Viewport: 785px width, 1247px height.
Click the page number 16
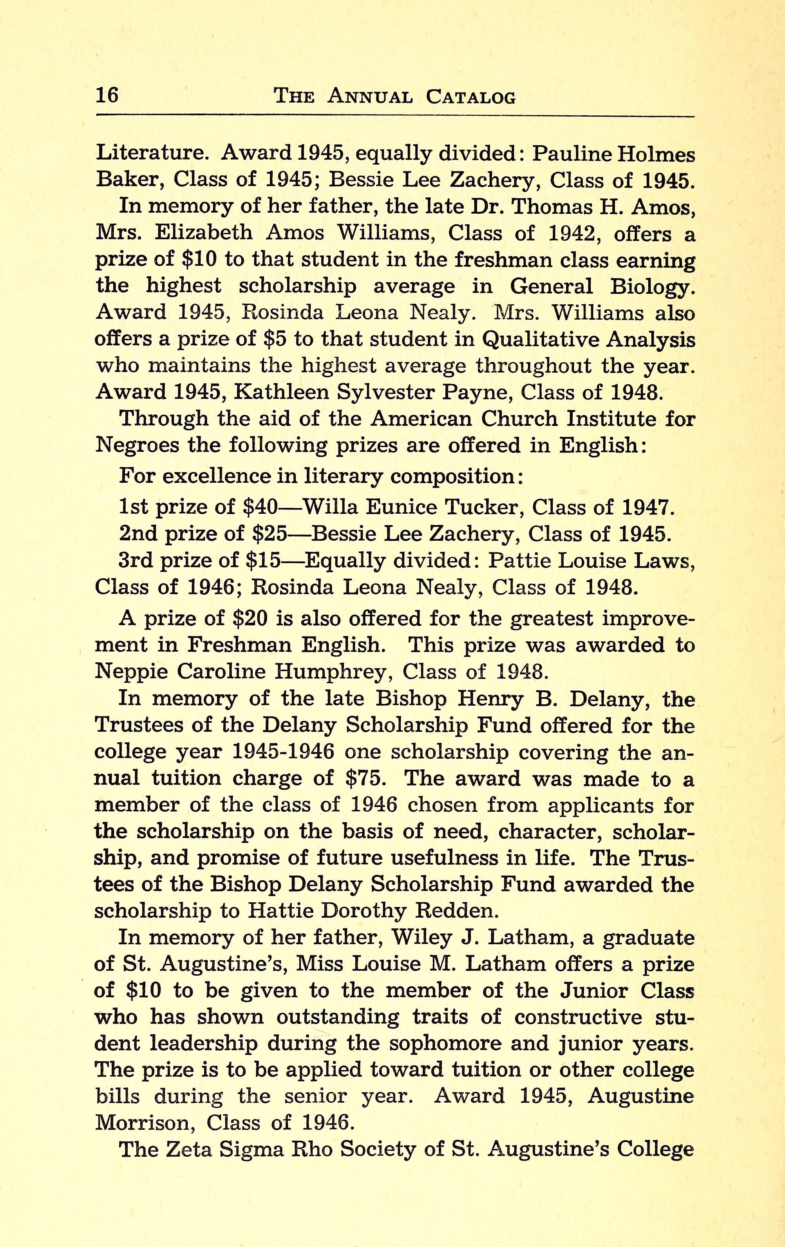point(107,95)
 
